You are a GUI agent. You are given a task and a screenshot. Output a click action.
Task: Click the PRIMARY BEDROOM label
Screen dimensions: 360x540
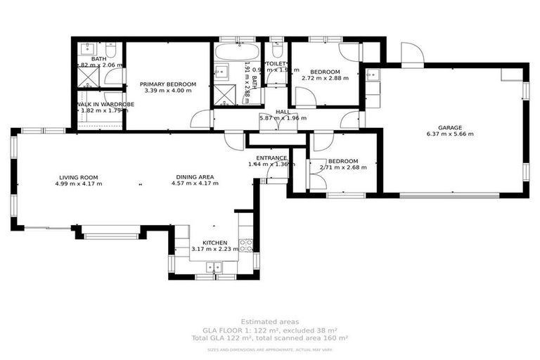pyautogui.click(x=167, y=84)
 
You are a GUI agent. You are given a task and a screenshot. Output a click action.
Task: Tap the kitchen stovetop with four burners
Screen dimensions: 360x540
pyautogui.click(x=246, y=245)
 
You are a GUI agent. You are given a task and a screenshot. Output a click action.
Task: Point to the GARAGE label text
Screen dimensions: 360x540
pyautogui.click(x=451, y=127)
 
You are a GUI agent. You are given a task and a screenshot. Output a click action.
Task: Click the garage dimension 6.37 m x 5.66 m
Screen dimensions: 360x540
pyautogui.click(x=451, y=134)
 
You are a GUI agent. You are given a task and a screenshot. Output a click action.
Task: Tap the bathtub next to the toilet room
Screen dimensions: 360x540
pyautogui.click(x=236, y=52)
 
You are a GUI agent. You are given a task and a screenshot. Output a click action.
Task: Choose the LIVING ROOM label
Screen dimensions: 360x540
pyautogui.click(x=78, y=177)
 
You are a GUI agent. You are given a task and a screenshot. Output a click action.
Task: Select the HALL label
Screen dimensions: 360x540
pyautogui.click(x=283, y=112)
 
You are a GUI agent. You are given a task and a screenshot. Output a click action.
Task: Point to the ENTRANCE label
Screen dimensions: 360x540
pyautogui.click(x=269, y=157)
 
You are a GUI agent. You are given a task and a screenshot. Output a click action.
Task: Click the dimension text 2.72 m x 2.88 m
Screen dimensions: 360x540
pyautogui.click(x=325, y=78)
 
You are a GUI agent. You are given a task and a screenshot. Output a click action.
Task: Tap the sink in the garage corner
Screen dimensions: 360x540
pyautogui.click(x=373, y=73)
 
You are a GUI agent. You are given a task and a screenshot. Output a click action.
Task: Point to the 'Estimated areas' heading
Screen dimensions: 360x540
pyautogui.click(x=269, y=321)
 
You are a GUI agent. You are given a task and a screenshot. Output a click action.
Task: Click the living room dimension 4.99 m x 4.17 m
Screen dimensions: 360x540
pyautogui.click(x=78, y=184)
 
